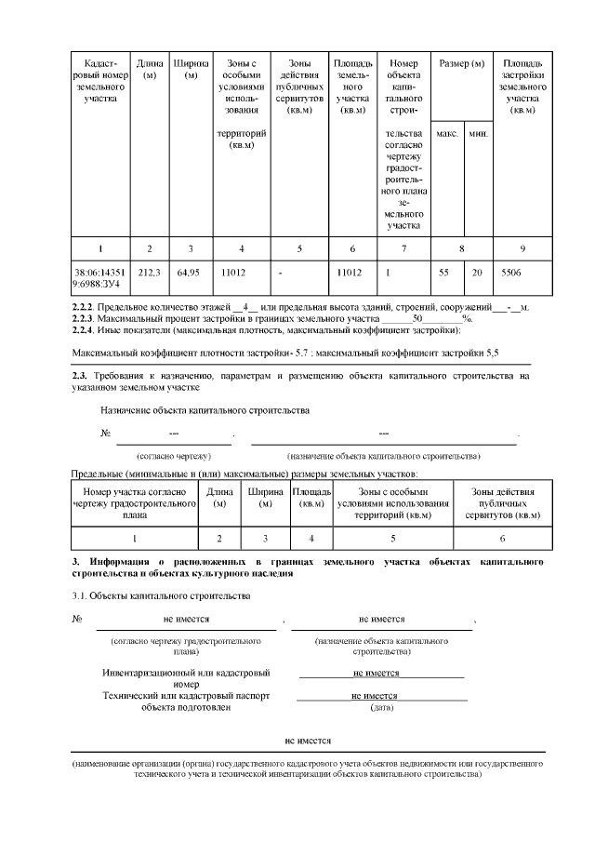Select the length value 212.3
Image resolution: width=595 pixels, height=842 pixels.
pyautogui.click(x=149, y=272)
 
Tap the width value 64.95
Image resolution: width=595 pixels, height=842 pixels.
pyautogui.click(x=190, y=272)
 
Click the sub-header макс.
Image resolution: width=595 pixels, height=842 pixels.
pyautogui.click(x=446, y=133)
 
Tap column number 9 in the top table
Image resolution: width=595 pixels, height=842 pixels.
pyautogui.click(x=521, y=247)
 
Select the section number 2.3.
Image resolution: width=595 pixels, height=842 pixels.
pyautogui.click(x=79, y=375)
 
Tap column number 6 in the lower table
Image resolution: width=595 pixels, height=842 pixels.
pyautogui.click(x=502, y=538)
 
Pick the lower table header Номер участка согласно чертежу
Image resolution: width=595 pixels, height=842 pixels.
pyautogui.click(x=135, y=503)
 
